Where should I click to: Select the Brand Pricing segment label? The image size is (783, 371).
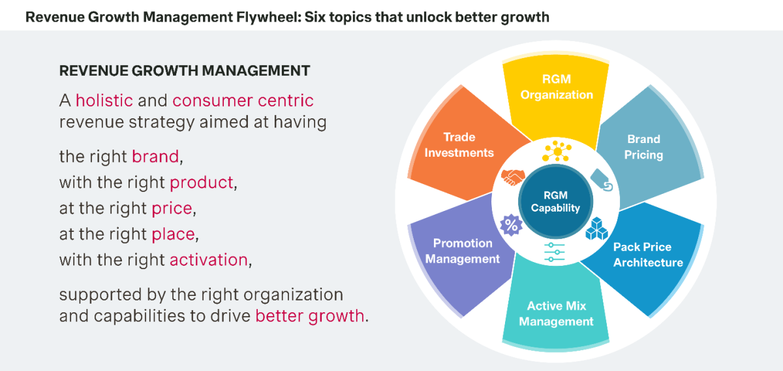click(x=643, y=148)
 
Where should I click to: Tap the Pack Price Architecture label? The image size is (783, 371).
click(x=647, y=255)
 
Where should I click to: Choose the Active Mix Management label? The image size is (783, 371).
click(x=557, y=314)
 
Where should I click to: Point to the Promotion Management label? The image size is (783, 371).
click(x=463, y=251)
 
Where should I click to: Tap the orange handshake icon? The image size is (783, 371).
click(x=514, y=178)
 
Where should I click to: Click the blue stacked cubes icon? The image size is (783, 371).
click(x=596, y=229)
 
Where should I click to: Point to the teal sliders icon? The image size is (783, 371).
click(x=555, y=252)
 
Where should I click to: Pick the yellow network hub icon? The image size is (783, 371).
click(x=556, y=152)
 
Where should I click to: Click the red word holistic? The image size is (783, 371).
click(x=104, y=101)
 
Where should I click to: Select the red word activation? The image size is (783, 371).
click(x=209, y=259)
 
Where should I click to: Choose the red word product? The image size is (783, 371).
click(x=201, y=182)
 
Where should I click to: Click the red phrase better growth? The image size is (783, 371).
click(x=309, y=315)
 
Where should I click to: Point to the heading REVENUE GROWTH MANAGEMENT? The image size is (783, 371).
click(x=185, y=70)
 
